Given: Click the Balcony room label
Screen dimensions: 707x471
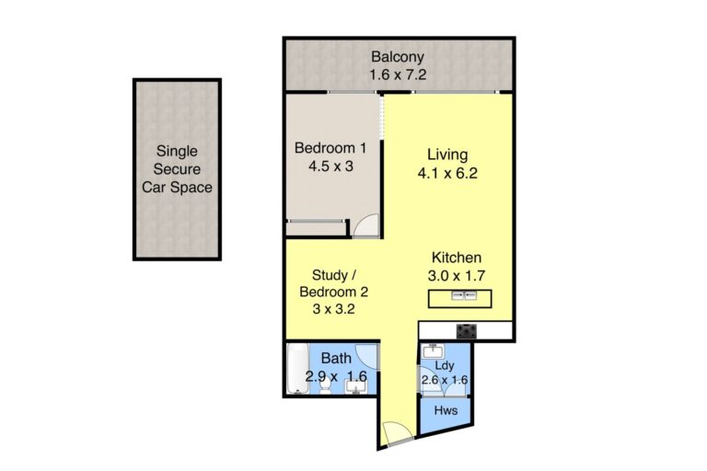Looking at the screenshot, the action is tap(398, 57).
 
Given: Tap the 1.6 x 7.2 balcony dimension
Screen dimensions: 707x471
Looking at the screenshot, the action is tap(398, 75).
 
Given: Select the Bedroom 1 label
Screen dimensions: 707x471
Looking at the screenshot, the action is tap(330, 148).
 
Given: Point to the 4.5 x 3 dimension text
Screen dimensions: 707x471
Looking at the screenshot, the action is tap(330, 167).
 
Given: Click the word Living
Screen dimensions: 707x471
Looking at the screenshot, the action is tap(447, 155).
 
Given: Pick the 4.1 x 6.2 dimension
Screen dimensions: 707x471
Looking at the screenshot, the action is tap(447, 174).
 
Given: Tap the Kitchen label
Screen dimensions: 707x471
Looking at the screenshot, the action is tap(457, 258).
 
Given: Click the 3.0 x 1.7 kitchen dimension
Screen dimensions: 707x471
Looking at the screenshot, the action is tap(457, 275).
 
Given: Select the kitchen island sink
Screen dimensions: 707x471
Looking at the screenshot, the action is tap(464, 295).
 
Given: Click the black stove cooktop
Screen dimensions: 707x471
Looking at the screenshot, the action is tap(466, 331).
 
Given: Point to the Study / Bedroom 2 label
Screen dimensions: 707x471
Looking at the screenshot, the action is tap(333, 283).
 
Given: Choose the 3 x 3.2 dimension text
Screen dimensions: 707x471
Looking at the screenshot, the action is tap(333, 309).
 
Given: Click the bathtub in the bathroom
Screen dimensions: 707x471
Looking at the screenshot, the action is tap(297, 368).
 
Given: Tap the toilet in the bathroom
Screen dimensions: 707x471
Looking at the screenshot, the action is tap(326, 385).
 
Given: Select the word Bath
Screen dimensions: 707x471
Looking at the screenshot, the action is tap(336, 359).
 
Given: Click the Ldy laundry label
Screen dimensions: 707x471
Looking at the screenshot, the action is tap(445, 365).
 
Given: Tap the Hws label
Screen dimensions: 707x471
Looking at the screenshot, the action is tap(446, 410).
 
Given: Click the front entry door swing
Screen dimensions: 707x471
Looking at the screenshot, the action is tap(397, 431).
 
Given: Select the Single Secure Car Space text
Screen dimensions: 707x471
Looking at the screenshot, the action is tap(177, 169).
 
